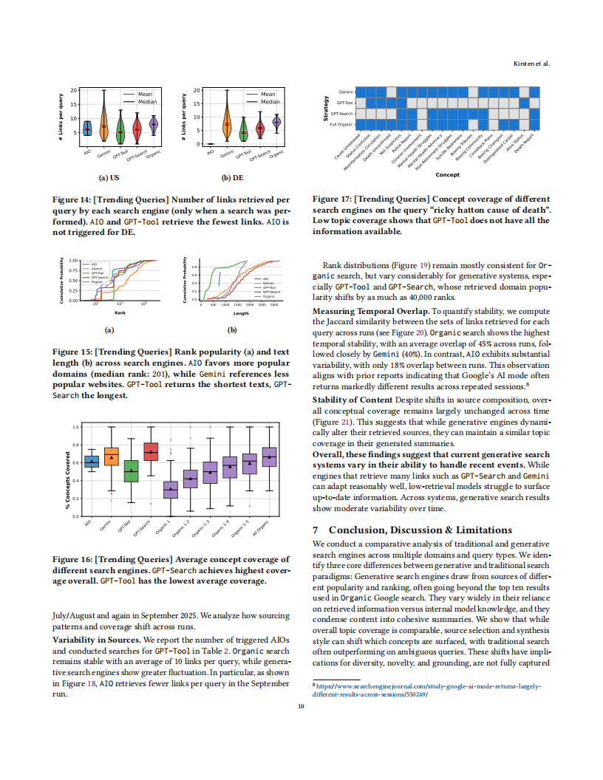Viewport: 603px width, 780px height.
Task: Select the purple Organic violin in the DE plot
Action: pos(276,123)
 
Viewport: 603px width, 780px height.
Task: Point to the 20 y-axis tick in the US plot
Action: pos(73,90)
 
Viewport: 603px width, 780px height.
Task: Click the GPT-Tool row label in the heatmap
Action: pos(345,102)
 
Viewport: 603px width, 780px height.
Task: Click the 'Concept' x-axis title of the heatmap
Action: pos(448,175)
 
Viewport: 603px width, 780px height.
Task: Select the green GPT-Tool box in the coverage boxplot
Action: pos(131,471)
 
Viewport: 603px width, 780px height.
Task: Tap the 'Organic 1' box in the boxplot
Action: pos(171,488)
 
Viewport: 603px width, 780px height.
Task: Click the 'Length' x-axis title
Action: pos(240,313)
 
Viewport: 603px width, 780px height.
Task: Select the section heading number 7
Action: pos(316,530)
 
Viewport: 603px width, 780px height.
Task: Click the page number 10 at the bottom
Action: pos(301,708)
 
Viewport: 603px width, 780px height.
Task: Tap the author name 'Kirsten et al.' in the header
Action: pos(531,64)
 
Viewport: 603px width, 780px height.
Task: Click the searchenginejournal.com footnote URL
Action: pos(427,691)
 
